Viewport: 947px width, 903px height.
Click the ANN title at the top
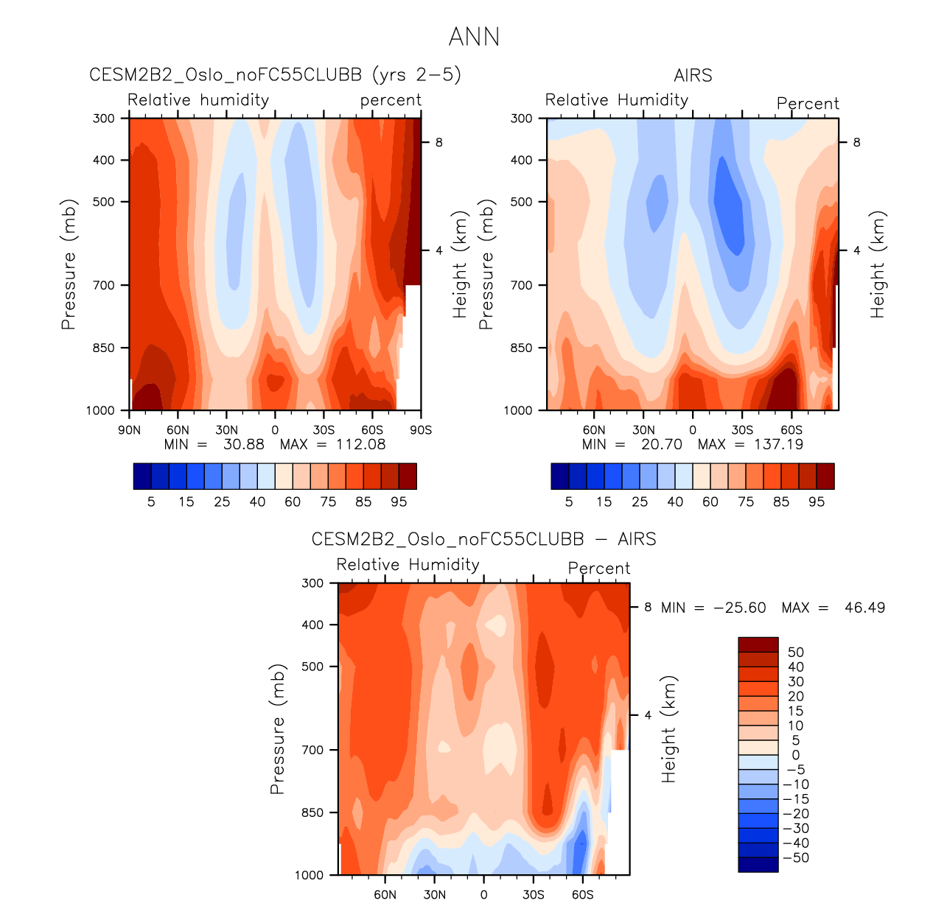(x=474, y=37)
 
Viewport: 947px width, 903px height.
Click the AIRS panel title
(x=693, y=75)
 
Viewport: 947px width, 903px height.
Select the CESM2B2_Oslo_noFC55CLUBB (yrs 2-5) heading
(x=275, y=75)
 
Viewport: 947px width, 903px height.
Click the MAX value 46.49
(x=864, y=608)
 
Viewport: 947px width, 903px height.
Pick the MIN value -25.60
(x=740, y=608)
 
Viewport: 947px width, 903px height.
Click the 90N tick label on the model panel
(x=129, y=430)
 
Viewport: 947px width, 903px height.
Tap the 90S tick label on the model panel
(x=421, y=430)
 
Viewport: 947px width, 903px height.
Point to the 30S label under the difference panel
(x=534, y=895)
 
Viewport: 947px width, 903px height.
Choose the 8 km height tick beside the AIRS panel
(x=856, y=142)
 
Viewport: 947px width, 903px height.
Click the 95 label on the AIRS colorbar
(x=817, y=502)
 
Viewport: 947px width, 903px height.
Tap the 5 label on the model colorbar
(x=151, y=502)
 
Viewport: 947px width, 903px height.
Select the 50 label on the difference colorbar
(x=796, y=652)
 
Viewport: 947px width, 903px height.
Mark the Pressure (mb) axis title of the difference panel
(x=277, y=729)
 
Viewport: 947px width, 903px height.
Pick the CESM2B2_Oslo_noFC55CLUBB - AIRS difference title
(x=483, y=539)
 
